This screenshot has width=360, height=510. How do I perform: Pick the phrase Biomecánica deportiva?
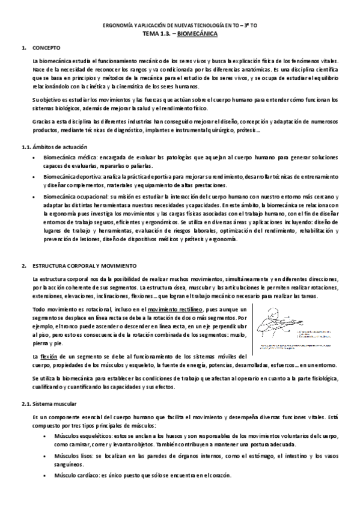click(67, 177)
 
